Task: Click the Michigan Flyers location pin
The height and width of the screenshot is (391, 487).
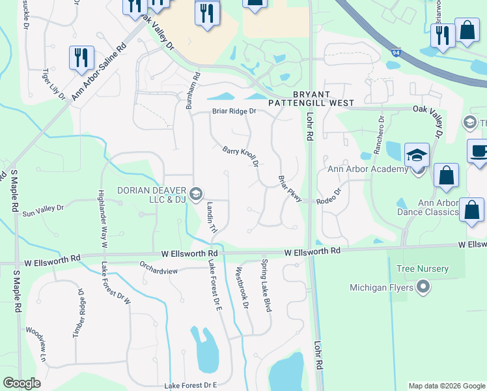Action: (424, 287)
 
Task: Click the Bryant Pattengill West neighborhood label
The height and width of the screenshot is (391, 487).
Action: (312, 98)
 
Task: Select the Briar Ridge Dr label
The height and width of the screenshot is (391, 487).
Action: (234, 111)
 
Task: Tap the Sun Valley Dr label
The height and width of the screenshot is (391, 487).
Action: (43, 210)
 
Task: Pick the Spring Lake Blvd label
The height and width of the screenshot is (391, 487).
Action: (266, 285)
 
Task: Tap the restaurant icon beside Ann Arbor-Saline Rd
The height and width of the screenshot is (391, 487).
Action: (81, 58)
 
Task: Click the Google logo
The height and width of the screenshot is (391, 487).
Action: (21, 383)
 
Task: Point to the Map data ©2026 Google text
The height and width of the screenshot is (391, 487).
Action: (446, 386)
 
